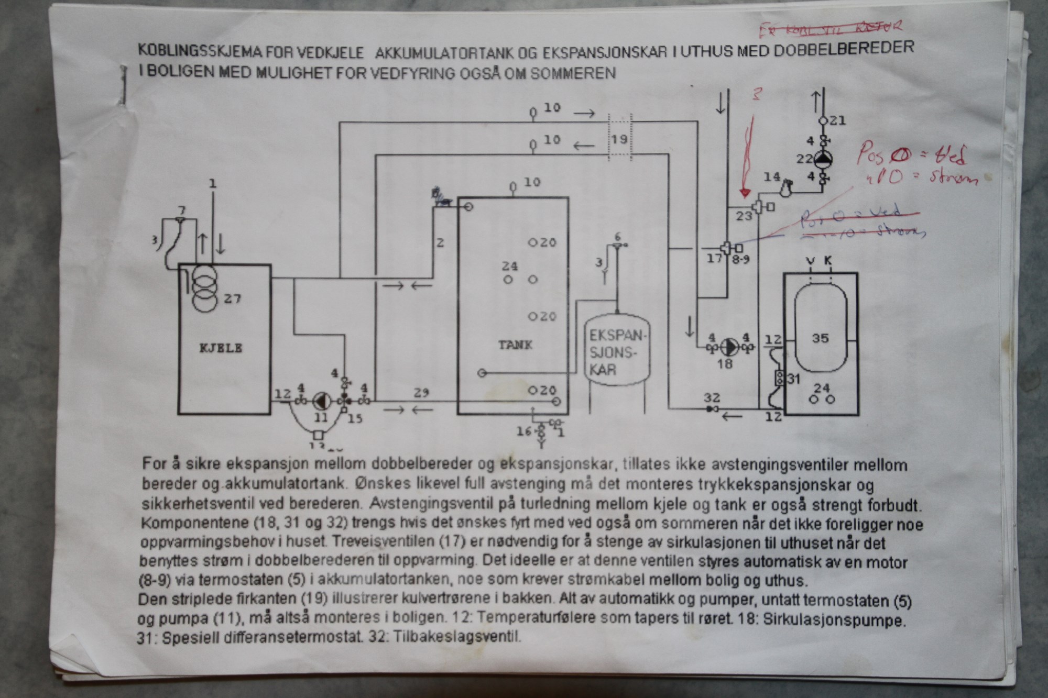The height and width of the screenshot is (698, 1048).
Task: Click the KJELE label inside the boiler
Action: pos(221,348)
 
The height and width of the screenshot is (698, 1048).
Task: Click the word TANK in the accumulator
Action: pos(515,345)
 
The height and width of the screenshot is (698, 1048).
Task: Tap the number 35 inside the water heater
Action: pos(820,338)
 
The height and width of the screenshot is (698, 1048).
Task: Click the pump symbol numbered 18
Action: pos(729,347)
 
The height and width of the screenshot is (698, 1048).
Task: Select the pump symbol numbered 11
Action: pos(320,401)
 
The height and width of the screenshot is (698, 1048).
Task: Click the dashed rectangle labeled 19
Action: pos(620,138)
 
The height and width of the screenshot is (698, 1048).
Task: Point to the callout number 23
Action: pos(744,216)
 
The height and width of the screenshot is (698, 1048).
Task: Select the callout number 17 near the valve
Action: pos(714,258)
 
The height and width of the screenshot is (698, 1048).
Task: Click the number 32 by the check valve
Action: pos(712,398)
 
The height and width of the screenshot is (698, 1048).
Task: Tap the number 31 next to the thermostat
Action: pos(793,378)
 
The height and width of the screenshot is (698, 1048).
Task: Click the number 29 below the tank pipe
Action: pos(421,393)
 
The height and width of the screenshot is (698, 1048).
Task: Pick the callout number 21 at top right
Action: pos(838,120)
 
